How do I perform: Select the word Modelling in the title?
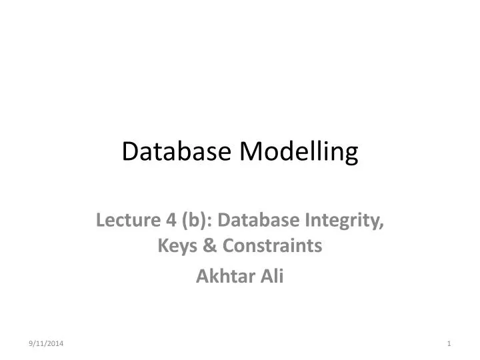click(299, 153)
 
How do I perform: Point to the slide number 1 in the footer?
click(450, 343)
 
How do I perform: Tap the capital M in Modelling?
click(249, 152)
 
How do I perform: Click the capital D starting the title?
click(129, 152)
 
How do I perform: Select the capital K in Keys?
click(162, 247)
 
